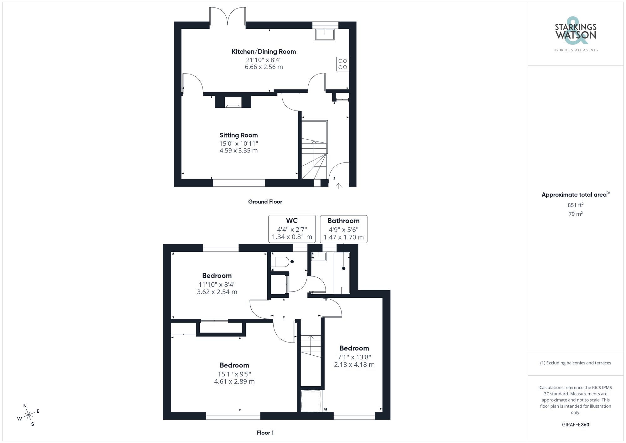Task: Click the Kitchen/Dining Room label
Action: [x=264, y=52]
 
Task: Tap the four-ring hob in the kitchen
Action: [x=342, y=64]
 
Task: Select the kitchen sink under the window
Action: [x=325, y=34]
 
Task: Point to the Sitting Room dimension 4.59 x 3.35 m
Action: [x=239, y=151]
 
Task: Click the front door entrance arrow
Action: [x=338, y=186]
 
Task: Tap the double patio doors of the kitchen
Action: [x=228, y=16]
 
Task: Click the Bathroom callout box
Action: [x=343, y=229]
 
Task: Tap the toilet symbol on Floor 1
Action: [x=280, y=262]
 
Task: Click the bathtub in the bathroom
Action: [x=341, y=273]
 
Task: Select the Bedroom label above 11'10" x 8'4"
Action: [x=217, y=276]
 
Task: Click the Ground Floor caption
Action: [x=265, y=202]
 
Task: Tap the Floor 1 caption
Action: [x=265, y=433]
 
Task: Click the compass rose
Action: [x=28, y=415]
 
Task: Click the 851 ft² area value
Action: [x=575, y=205]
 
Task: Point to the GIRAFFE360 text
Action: [x=575, y=425]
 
